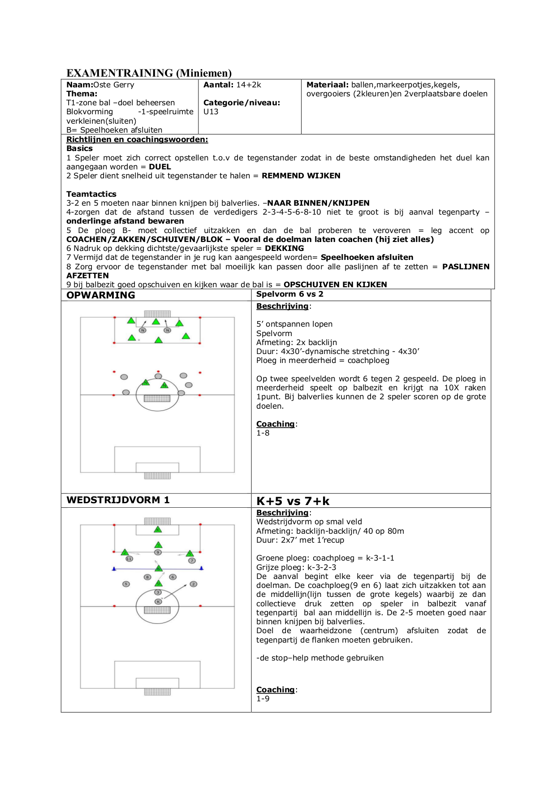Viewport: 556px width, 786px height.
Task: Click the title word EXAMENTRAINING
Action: [120, 73]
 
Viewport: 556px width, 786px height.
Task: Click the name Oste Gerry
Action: [114, 85]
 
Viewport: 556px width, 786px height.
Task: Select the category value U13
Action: [211, 112]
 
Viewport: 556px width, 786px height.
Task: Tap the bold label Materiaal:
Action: [328, 85]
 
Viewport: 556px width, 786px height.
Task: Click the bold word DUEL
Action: [159, 167]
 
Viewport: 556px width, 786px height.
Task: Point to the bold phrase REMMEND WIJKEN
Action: [301, 176]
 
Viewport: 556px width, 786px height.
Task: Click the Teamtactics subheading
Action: [91, 194]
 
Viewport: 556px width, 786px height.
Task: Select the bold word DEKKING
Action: [284, 248]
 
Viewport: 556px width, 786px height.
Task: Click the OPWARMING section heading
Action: [101, 295]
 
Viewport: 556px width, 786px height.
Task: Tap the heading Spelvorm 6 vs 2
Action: [289, 294]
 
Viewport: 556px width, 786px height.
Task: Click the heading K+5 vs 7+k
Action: [293, 501]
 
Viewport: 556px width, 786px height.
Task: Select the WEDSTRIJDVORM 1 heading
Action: [118, 500]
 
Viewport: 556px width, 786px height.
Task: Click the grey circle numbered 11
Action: [129, 559]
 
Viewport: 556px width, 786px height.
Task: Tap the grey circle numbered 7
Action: [192, 560]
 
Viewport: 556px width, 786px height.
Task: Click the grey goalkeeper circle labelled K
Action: [158, 601]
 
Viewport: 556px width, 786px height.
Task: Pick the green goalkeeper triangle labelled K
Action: [158, 530]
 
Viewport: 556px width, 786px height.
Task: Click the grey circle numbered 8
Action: [147, 577]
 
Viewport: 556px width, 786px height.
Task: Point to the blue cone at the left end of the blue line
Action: [114, 569]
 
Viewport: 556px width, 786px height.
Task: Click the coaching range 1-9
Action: [263, 699]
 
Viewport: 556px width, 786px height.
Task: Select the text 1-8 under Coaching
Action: [263, 433]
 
